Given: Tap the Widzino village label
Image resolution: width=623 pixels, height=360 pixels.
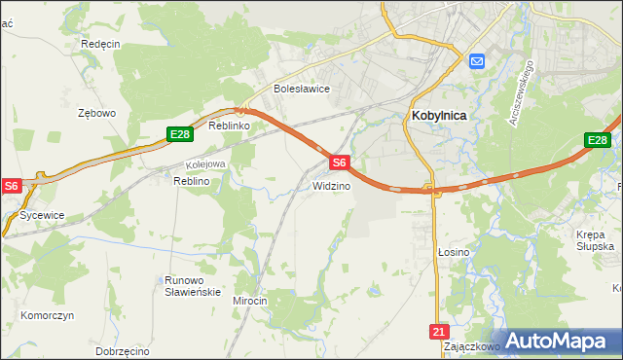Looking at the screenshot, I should [331, 186].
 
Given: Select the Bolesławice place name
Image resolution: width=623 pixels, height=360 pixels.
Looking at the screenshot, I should [302, 89].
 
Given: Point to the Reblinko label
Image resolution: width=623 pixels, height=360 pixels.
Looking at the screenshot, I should [231, 126].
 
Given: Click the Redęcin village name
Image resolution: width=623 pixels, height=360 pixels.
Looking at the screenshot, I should [100, 45].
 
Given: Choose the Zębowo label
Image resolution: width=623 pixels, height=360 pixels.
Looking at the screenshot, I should [96, 113].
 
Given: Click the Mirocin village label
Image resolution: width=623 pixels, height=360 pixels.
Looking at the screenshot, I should [249, 301].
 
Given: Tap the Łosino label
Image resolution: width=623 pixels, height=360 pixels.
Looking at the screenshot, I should [453, 252].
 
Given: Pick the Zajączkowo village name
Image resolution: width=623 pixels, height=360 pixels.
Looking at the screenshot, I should [471, 345].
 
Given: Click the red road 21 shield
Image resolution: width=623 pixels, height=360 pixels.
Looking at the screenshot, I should [438, 332].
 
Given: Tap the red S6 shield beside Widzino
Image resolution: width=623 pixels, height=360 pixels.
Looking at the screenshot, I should [339, 162].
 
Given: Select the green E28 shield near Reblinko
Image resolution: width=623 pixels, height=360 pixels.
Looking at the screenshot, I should [178, 135].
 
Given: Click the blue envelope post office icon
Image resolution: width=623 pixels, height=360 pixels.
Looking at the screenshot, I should [477, 61].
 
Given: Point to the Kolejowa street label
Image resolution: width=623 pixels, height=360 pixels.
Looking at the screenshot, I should [205, 164].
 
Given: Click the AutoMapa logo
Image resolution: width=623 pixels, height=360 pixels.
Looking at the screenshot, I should [556, 341].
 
